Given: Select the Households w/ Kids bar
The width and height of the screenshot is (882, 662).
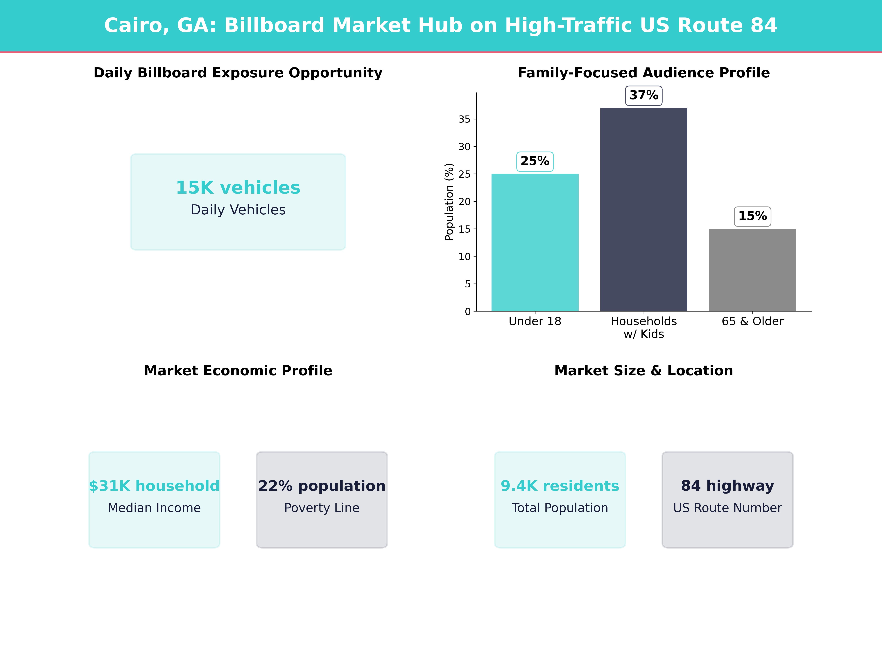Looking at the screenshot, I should (x=643, y=209).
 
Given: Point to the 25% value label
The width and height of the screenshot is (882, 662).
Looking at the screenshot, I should (x=535, y=161).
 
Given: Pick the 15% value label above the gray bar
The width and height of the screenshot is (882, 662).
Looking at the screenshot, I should (x=752, y=216).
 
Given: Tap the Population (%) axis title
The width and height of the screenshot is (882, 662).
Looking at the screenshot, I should (x=449, y=202).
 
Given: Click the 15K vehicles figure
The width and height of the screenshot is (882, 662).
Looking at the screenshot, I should (x=238, y=188).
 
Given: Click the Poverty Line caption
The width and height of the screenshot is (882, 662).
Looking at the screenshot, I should (x=322, y=508).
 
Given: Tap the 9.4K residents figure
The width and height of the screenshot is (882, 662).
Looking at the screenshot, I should (x=560, y=486).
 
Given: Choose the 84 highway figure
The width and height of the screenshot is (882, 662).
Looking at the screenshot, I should (x=727, y=486).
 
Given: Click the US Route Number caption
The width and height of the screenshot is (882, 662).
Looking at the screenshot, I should (x=727, y=508).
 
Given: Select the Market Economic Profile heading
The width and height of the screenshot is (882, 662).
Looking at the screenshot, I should (x=238, y=371).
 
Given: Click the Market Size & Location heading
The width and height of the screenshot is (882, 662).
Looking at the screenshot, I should (x=643, y=371).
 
